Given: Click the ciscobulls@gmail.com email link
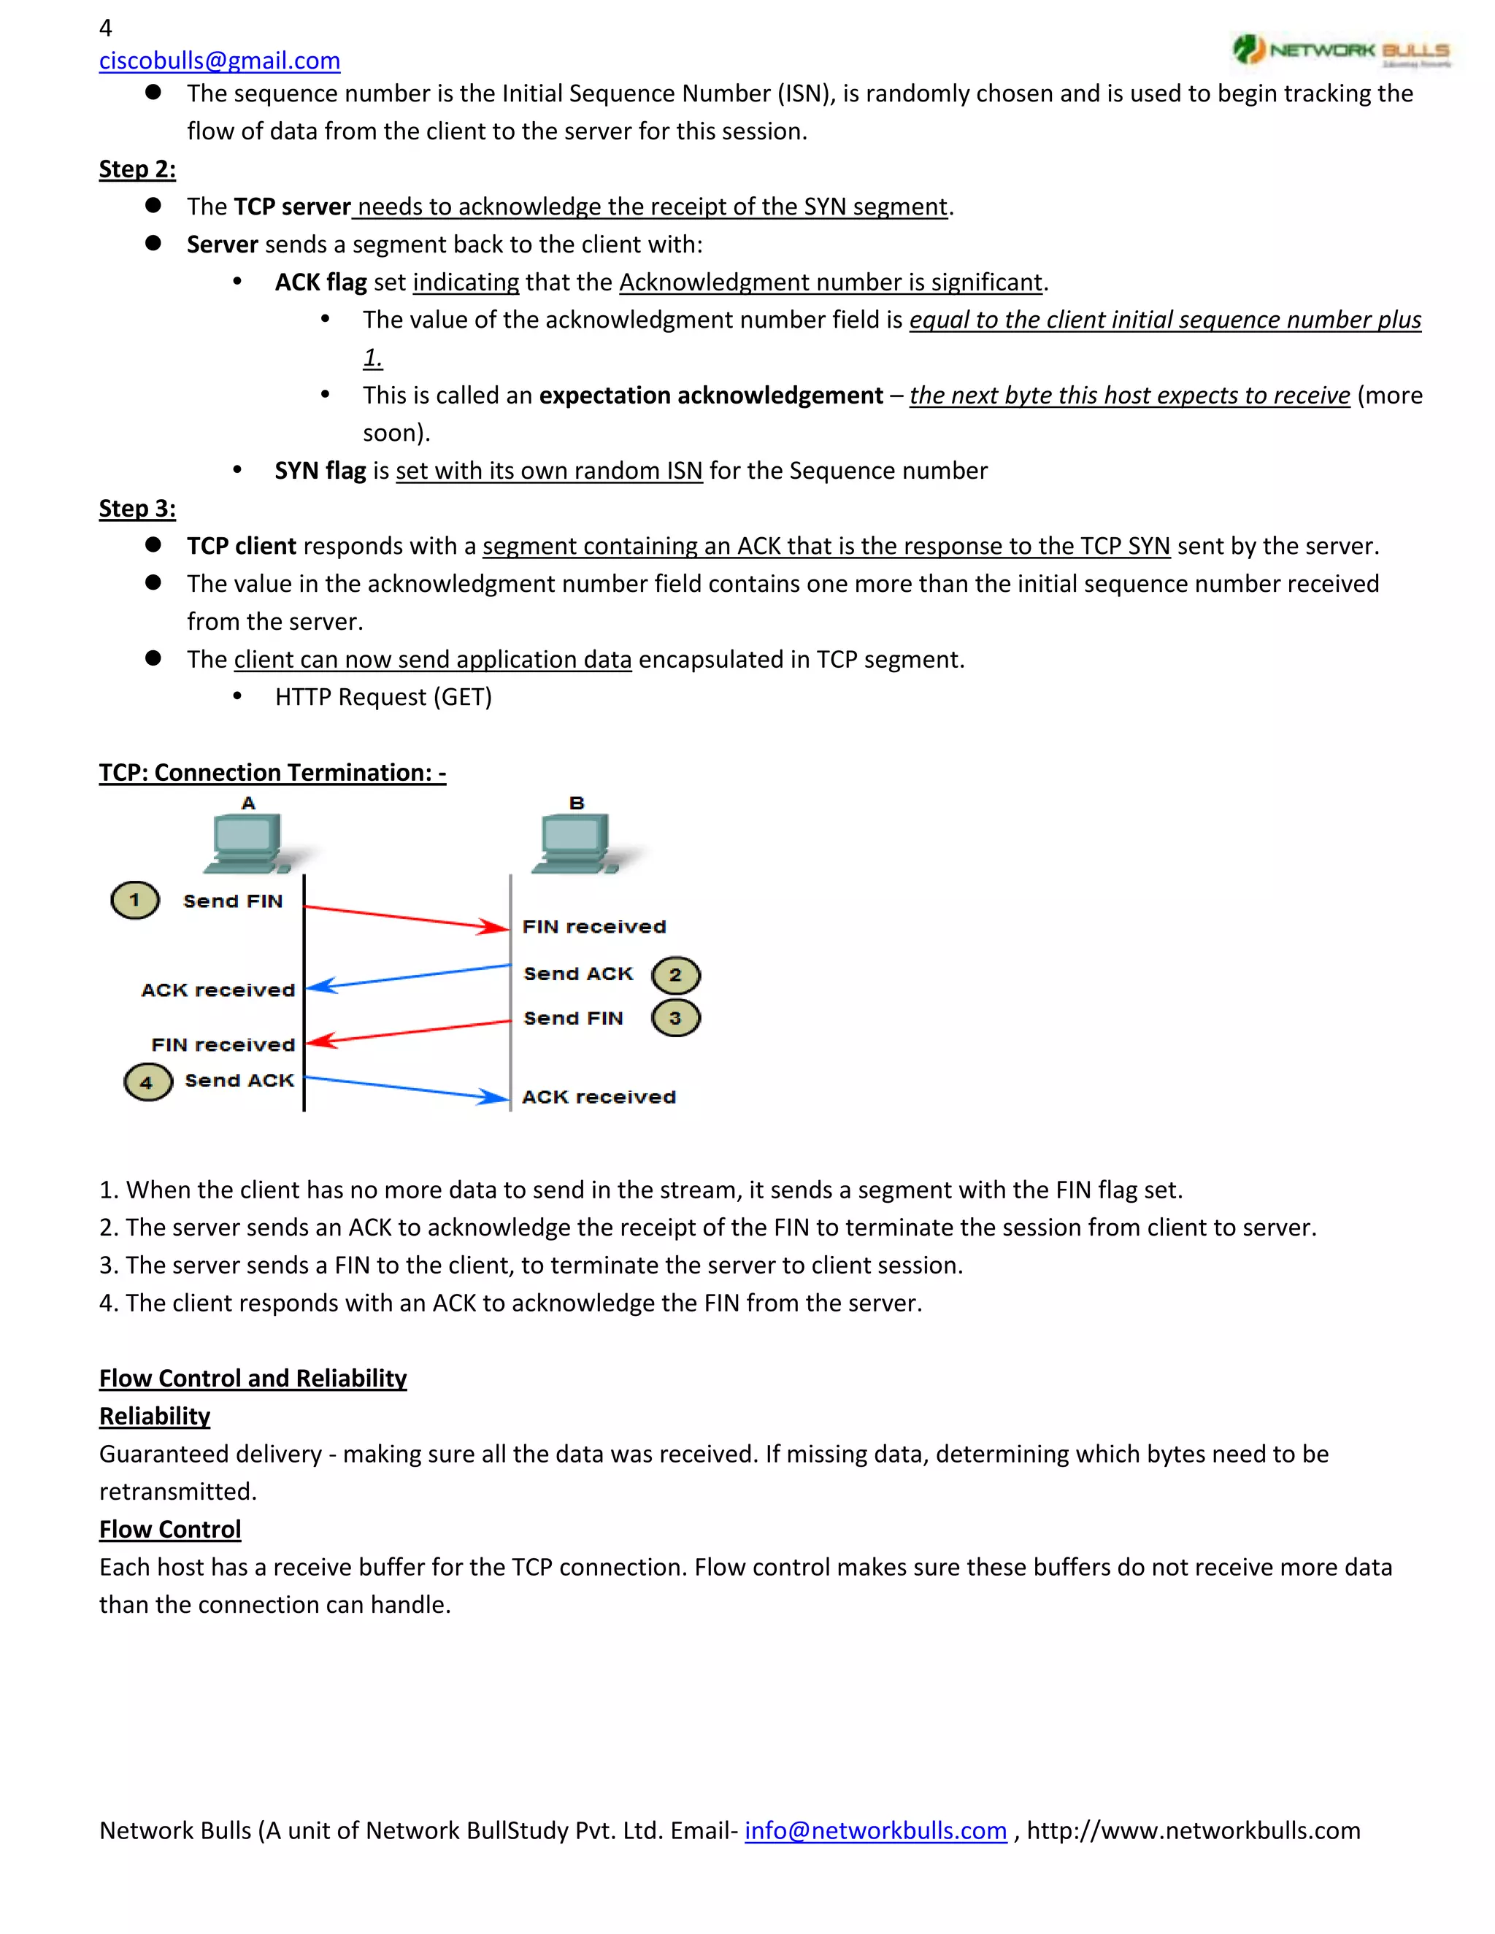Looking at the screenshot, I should click(x=219, y=61).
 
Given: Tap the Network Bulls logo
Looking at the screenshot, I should click(x=1341, y=50).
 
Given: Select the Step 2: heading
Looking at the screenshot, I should click(x=137, y=169).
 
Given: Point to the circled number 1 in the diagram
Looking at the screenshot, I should click(x=134, y=901).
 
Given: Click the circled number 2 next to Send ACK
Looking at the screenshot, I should click(x=676, y=975).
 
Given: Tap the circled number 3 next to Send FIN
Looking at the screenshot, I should click(x=676, y=1017).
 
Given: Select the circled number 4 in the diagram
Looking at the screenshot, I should click(x=147, y=1082).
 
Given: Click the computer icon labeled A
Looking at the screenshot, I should click(x=249, y=843).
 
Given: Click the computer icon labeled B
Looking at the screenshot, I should click(x=576, y=843).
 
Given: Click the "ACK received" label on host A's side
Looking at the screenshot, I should click(x=218, y=990).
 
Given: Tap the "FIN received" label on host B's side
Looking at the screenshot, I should click(x=593, y=927).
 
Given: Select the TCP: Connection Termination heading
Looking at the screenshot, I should click(x=272, y=773).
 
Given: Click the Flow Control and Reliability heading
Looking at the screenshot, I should click(x=253, y=1379).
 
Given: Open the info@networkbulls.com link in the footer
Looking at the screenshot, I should click(x=875, y=1830).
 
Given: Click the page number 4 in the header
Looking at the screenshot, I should click(x=105, y=28).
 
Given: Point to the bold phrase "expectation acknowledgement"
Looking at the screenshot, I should click(x=710, y=395).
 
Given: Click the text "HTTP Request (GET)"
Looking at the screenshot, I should click(x=383, y=698).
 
